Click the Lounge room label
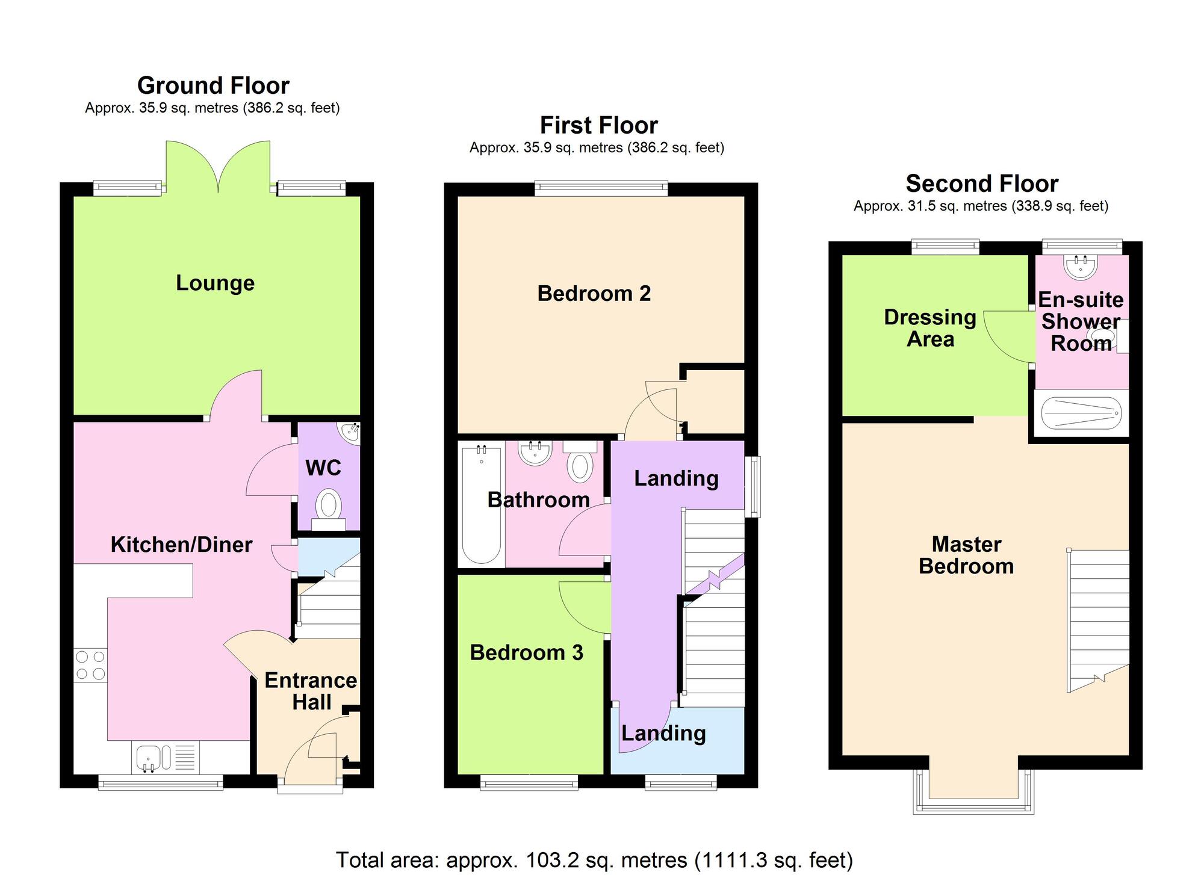(215, 283)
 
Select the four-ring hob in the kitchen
(91, 666)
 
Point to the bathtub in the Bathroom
(481, 504)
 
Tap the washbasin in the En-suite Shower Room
(1081, 267)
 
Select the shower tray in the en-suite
(1081, 413)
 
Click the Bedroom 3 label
(526, 653)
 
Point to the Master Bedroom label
(966, 555)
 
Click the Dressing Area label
(930, 328)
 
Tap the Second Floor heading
(981, 184)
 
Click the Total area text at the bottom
(594, 859)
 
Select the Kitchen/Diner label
(181, 545)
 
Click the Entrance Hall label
(311, 691)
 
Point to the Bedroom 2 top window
(601, 188)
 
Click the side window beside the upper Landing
(752, 486)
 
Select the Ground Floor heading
(213, 85)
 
